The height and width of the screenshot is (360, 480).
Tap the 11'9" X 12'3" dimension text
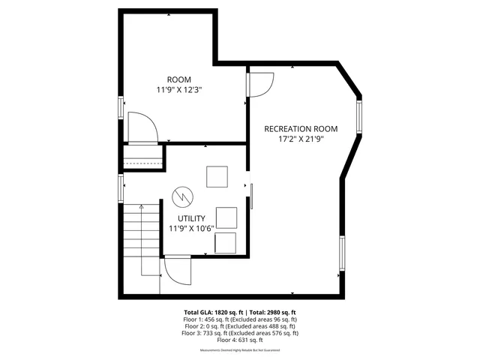[180, 89]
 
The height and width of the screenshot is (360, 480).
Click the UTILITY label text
[192, 218]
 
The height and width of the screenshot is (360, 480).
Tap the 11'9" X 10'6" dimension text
[192, 228]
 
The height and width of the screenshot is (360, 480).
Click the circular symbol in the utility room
[182, 196]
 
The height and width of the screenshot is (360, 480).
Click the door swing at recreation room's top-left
[259, 82]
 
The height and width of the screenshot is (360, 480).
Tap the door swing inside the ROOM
[142, 127]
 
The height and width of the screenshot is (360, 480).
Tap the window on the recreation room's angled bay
[358, 117]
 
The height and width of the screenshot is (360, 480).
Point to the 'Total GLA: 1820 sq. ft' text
[211, 312]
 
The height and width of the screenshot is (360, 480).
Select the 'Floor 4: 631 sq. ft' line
[240, 340]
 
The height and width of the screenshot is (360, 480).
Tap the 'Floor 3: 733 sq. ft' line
[240, 333]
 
